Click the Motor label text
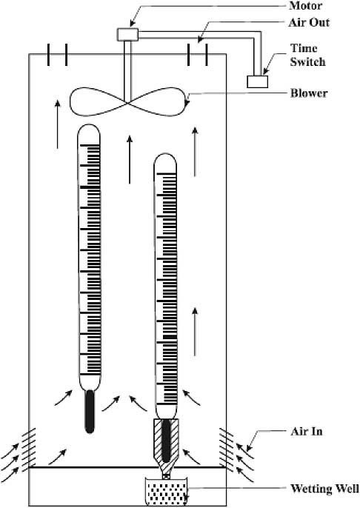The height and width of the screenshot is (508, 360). [x=306, y=5]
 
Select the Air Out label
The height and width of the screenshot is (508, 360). [x=309, y=23]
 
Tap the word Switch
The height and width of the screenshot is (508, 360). [x=307, y=61]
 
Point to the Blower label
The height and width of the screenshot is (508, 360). [x=309, y=93]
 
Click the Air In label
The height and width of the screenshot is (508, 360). [x=307, y=431]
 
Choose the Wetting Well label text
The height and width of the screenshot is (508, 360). [x=324, y=488]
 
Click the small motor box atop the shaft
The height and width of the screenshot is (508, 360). [x=127, y=35]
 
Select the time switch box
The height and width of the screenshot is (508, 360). [x=257, y=81]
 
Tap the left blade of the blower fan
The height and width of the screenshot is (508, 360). [x=97, y=102]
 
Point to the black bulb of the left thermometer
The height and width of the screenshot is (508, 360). [x=90, y=412]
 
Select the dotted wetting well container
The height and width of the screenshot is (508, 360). [x=166, y=492]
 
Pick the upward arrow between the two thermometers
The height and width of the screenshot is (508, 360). [x=130, y=159]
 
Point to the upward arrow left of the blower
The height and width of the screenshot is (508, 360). [x=57, y=124]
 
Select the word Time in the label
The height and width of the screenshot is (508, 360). [x=304, y=48]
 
